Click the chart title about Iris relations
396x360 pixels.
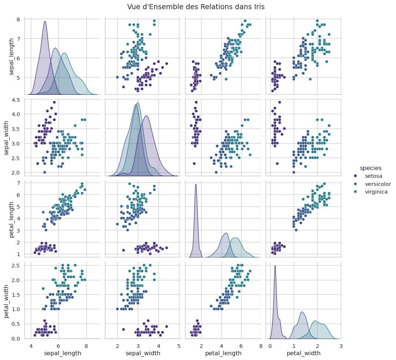coord(196,7)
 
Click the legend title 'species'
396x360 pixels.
coord(370,168)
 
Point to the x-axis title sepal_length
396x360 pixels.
coord(63,353)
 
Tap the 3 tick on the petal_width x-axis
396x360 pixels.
coord(341,346)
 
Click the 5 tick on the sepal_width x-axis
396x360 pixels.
coord(179,346)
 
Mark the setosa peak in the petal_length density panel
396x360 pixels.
coord(196,184)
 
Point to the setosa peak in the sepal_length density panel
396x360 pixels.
coord(45,21)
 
